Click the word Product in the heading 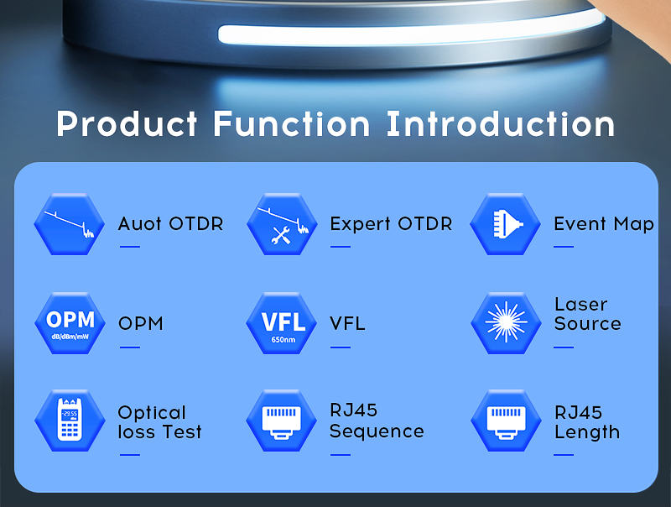(127, 123)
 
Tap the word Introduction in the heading (500, 123)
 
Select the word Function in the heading (291, 123)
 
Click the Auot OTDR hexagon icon (70, 224)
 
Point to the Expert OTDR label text (391, 223)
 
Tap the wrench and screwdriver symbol (281, 235)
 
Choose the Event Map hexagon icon (506, 224)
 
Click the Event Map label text (604, 224)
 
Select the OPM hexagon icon (70, 323)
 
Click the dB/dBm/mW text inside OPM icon (70, 337)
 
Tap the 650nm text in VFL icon (283, 340)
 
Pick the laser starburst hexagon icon (506, 323)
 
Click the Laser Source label (588, 314)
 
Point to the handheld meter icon (70, 420)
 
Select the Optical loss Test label (159, 422)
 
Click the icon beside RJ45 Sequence (282, 420)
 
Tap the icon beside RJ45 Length (506, 420)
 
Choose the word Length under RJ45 (587, 432)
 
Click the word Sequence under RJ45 (377, 431)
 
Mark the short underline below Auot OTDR (130, 247)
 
